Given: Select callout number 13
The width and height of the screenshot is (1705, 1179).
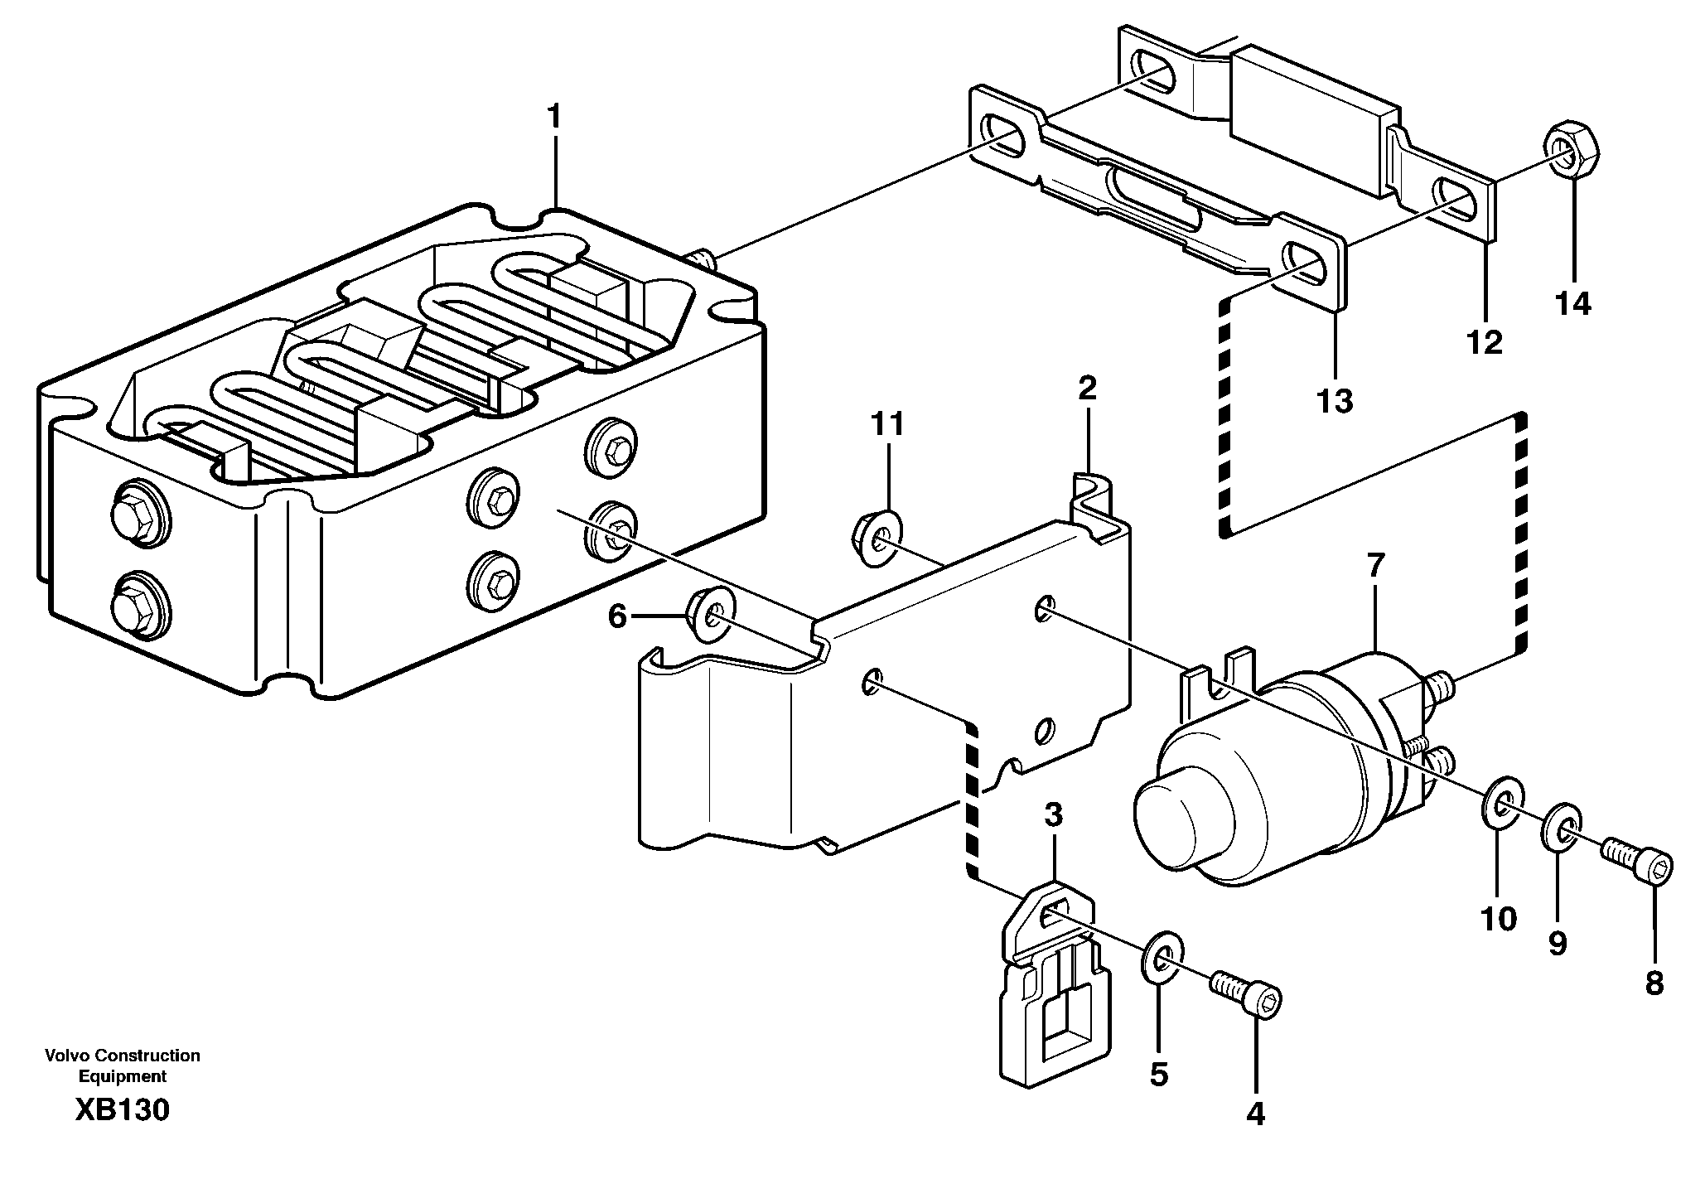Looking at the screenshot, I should tap(1335, 401).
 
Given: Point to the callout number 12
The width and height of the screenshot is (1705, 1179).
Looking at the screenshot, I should tap(1484, 341).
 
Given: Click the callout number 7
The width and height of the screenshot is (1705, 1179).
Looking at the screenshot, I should tap(1374, 566).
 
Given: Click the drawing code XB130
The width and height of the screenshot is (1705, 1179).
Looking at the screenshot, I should tap(122, 1109).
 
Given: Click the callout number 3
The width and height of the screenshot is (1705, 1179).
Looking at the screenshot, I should tap(1052, 815).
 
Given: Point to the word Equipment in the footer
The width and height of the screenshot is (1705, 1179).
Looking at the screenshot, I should tap(122, 1076).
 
